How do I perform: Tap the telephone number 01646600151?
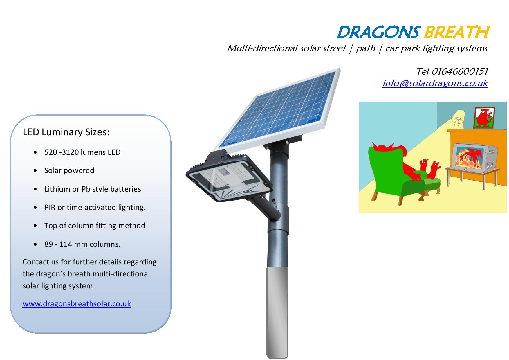460,71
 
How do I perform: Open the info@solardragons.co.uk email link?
435,83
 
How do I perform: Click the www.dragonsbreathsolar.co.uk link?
77,304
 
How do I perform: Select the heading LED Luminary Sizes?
66,132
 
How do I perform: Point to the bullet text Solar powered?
69,170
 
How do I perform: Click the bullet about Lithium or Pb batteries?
93,189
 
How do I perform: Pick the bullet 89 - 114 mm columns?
82,244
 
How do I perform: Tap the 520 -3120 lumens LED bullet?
82,152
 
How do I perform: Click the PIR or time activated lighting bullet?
95,207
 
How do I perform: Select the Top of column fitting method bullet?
95,226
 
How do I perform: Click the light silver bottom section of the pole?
277,312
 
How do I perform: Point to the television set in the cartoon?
471,158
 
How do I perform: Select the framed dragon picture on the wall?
484,118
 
